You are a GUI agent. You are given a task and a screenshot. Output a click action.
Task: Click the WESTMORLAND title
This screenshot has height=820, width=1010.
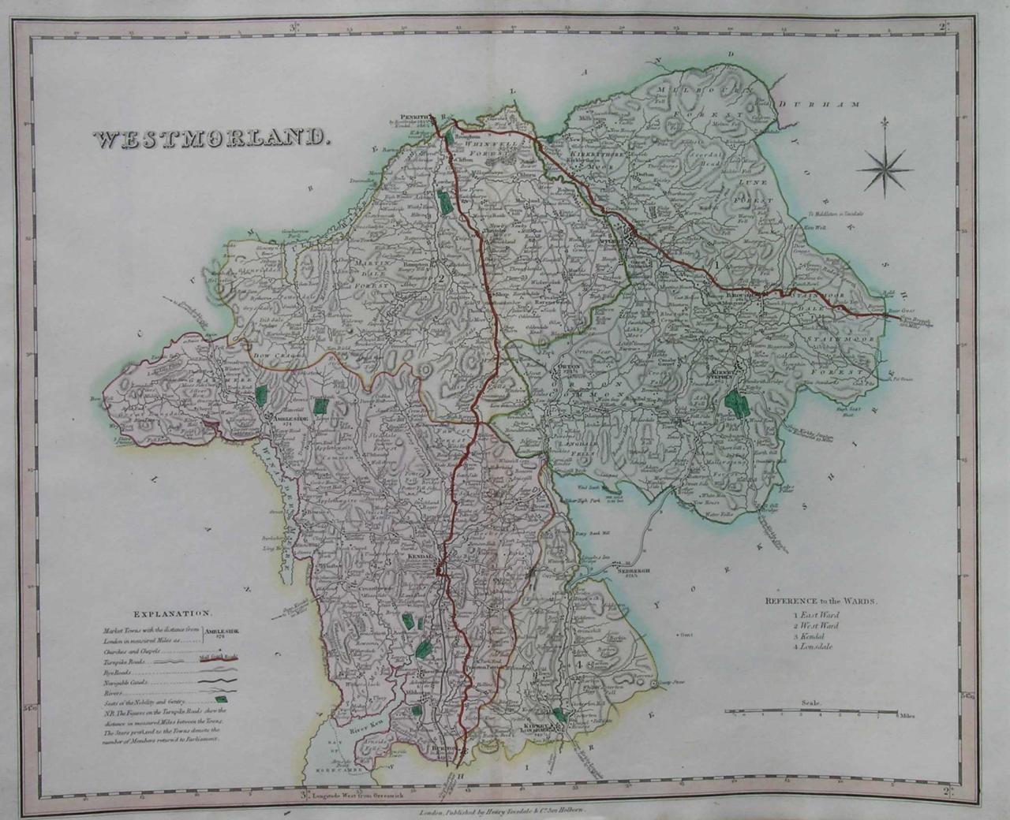[x=209, y=139]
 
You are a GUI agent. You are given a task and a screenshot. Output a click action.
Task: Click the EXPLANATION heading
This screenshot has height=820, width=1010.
[x=171, y=613]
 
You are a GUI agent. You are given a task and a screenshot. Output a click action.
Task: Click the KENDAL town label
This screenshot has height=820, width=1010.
[x=419, y=556]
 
